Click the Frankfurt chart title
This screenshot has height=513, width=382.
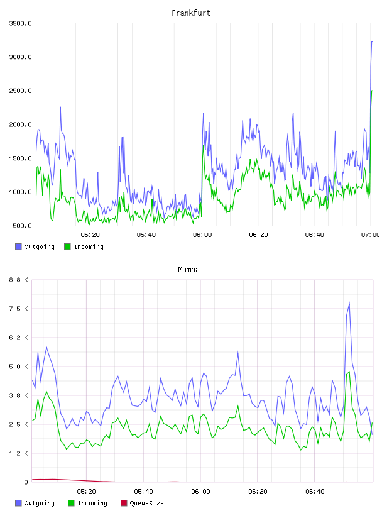(191, 13)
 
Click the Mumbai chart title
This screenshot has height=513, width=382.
(190, 270)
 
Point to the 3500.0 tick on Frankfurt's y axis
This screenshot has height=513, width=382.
(20, 23)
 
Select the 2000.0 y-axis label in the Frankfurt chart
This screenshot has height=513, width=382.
(20, 124)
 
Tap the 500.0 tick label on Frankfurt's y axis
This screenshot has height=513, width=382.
(22, 226)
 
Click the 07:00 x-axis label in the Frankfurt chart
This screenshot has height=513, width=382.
(370, 235)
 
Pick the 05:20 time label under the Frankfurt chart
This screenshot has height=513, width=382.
(90, 235)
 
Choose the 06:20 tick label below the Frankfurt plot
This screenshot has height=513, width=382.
(258, 235)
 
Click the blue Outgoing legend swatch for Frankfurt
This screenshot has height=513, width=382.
(18, 246)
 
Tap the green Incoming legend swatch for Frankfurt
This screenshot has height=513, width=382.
(67, 246)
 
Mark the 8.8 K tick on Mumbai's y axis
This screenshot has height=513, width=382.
(18, 280)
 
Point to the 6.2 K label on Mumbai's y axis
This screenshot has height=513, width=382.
(18, 338)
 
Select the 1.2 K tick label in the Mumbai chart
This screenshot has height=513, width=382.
(18, 453)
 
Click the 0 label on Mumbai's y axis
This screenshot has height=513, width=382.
(26, 482)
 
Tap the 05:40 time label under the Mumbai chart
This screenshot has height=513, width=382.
(143, 492)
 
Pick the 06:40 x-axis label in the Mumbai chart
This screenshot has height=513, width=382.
(315, 492)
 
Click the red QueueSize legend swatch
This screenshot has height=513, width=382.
(124, 503)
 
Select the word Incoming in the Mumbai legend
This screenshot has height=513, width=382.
(92, 504)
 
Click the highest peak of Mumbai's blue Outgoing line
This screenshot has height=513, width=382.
(349, 303)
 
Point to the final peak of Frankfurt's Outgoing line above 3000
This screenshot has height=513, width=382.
(372, 41)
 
